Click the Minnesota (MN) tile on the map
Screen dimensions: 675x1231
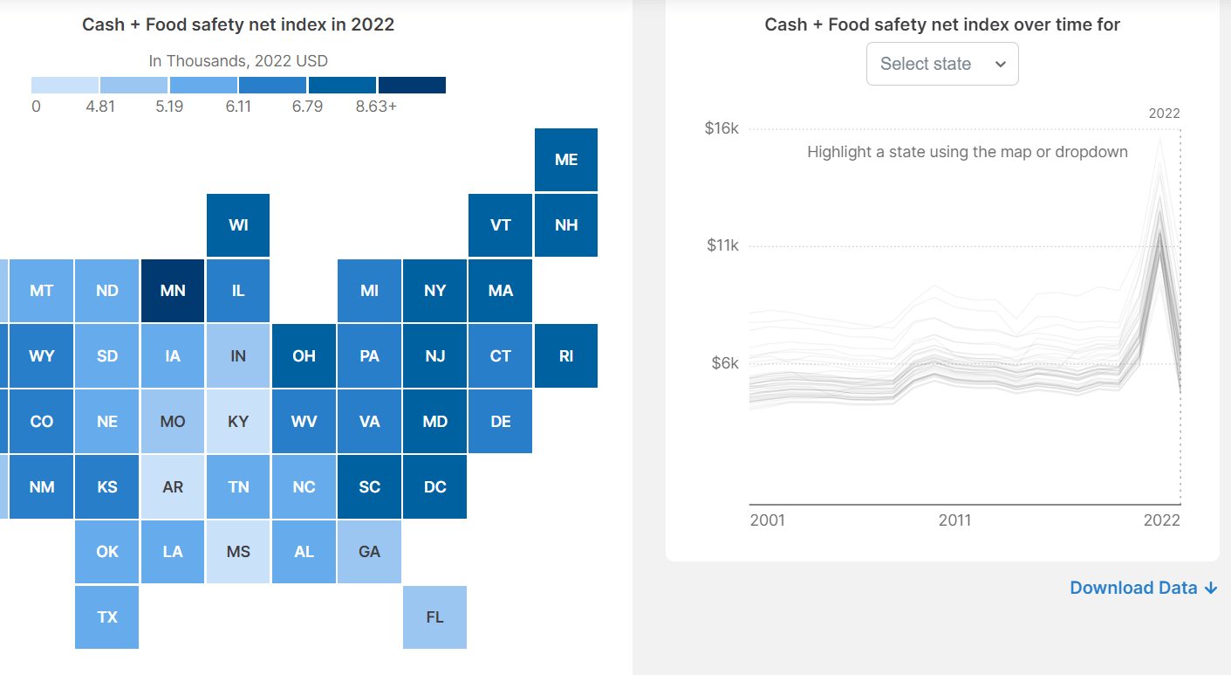pyautogui.click(x=173, y=291)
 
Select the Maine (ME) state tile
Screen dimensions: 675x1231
pyautogui.click(x=566, y=160)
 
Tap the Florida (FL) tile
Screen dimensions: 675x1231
pyautogui.click(x=434, y=617)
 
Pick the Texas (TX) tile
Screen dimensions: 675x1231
pyautogui.click(x=107, y=617)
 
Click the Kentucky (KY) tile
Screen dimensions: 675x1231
pyautogui.click(x=238, y=422)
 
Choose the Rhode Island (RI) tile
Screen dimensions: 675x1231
pyautogui.click(x=566, y=356)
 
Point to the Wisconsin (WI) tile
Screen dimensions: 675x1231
pyautogui.click(x=238, y=225)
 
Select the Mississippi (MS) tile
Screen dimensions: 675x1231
pyautogui.click(x=238, y=552)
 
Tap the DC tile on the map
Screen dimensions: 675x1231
pyautogui.click(x=434, y=487)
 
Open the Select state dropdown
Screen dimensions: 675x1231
pyautogui.click(x=942, y=64)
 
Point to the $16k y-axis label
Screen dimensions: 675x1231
pyautogui.click(x=722, y=128)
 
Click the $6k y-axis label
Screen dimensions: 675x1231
pyautogui.click(x=724, y=362)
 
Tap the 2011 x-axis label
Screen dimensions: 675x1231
pyautogui.click(x=954, y=520)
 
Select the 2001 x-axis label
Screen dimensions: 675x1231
pyautogui.click(x=768, y=520)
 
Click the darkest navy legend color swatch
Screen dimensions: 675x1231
pyautogui.click(x=412, y=85)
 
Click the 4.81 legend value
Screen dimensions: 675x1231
pyautogui.click(x=100, y=107)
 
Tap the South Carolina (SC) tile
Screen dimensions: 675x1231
pyautogui.click(x=369, y=487)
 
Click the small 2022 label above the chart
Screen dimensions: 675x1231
pyautogui.click(x=1164, y=114)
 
